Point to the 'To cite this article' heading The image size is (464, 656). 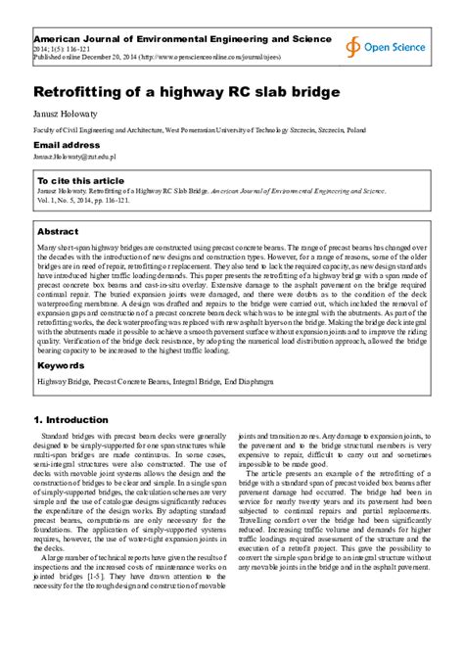pyautogui.click(x=80, y=181)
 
